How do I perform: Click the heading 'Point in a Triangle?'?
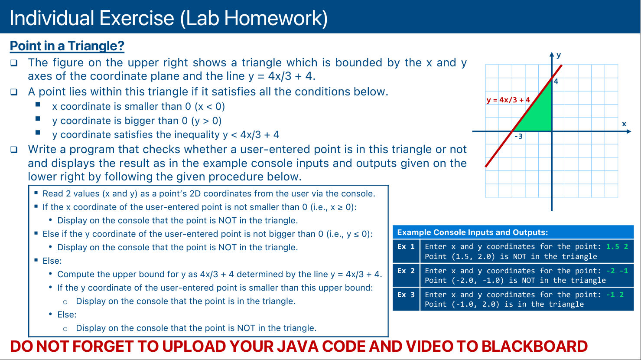click(67, 46)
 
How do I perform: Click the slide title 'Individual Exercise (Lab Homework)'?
click(169, 18)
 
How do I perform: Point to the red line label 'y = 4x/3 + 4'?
click(508, 100)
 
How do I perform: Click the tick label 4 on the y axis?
click(556, 81)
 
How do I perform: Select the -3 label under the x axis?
click(518, 137)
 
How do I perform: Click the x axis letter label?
click(624, 124)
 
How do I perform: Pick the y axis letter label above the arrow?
click(559, 55)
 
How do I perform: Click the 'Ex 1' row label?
click(406, 246)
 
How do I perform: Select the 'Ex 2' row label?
click(406, 271)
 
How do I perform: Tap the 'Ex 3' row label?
click(406, 295)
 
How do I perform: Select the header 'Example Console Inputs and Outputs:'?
click(472, 232)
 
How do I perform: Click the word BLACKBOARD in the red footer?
click(534, 346)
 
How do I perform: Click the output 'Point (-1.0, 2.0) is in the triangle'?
click(504, 304)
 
